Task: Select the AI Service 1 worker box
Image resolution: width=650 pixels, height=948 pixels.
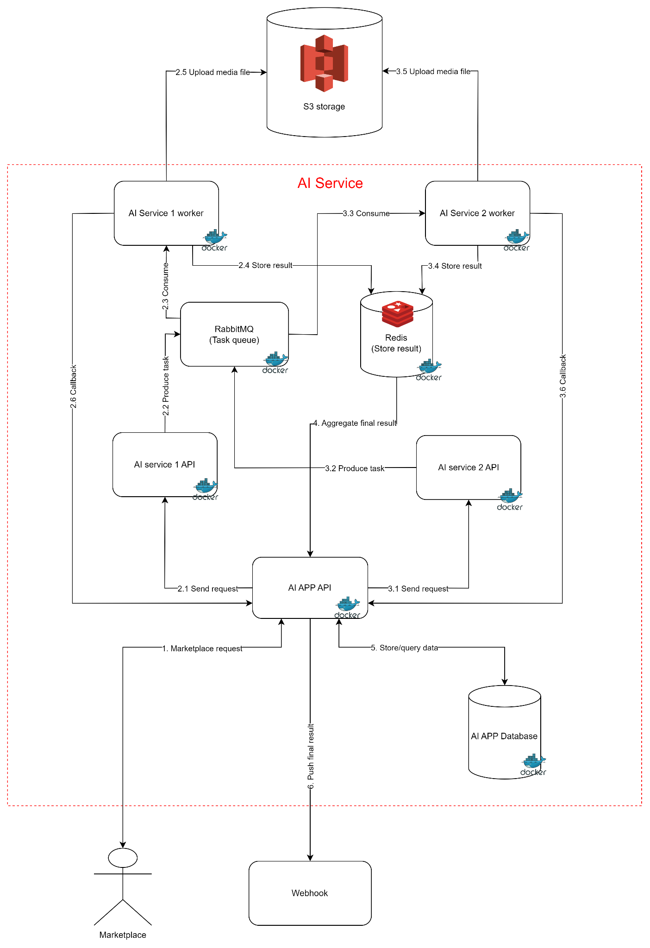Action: click(166, 213)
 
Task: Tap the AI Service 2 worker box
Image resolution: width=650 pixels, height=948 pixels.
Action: click(477, 213)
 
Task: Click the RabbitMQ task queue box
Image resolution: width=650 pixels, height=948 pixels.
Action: click(234, 334)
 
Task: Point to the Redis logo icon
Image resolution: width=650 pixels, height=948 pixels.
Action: click(397, 314)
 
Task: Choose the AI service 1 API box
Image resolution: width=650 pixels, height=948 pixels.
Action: click(164, 464)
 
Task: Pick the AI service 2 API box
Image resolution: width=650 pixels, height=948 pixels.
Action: click(468, 467)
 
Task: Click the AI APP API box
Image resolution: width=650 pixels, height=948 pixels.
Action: click(310, 587)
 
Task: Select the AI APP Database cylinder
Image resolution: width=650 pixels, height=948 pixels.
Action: click(504, 736)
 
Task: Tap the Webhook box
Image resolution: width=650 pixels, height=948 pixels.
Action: click(310, 893)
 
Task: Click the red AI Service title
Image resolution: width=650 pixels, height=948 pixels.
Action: click(330, 183)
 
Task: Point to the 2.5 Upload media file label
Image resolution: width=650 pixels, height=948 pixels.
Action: click(213, 72)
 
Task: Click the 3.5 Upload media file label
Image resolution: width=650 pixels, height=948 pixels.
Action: click(433, 71)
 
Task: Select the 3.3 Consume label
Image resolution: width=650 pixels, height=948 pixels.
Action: click(366, 213)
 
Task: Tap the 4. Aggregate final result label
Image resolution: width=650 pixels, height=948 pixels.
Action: click(355, 423)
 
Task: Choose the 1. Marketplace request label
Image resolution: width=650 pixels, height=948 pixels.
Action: click(202, 649)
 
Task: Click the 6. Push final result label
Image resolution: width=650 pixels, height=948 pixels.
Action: click(311, 756)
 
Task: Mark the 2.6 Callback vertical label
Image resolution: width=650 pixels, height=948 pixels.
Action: click(74, 387)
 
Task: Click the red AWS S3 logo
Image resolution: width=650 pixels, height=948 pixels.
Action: click(324, 63)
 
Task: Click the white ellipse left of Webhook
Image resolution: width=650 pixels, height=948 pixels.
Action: click(123, 858)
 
